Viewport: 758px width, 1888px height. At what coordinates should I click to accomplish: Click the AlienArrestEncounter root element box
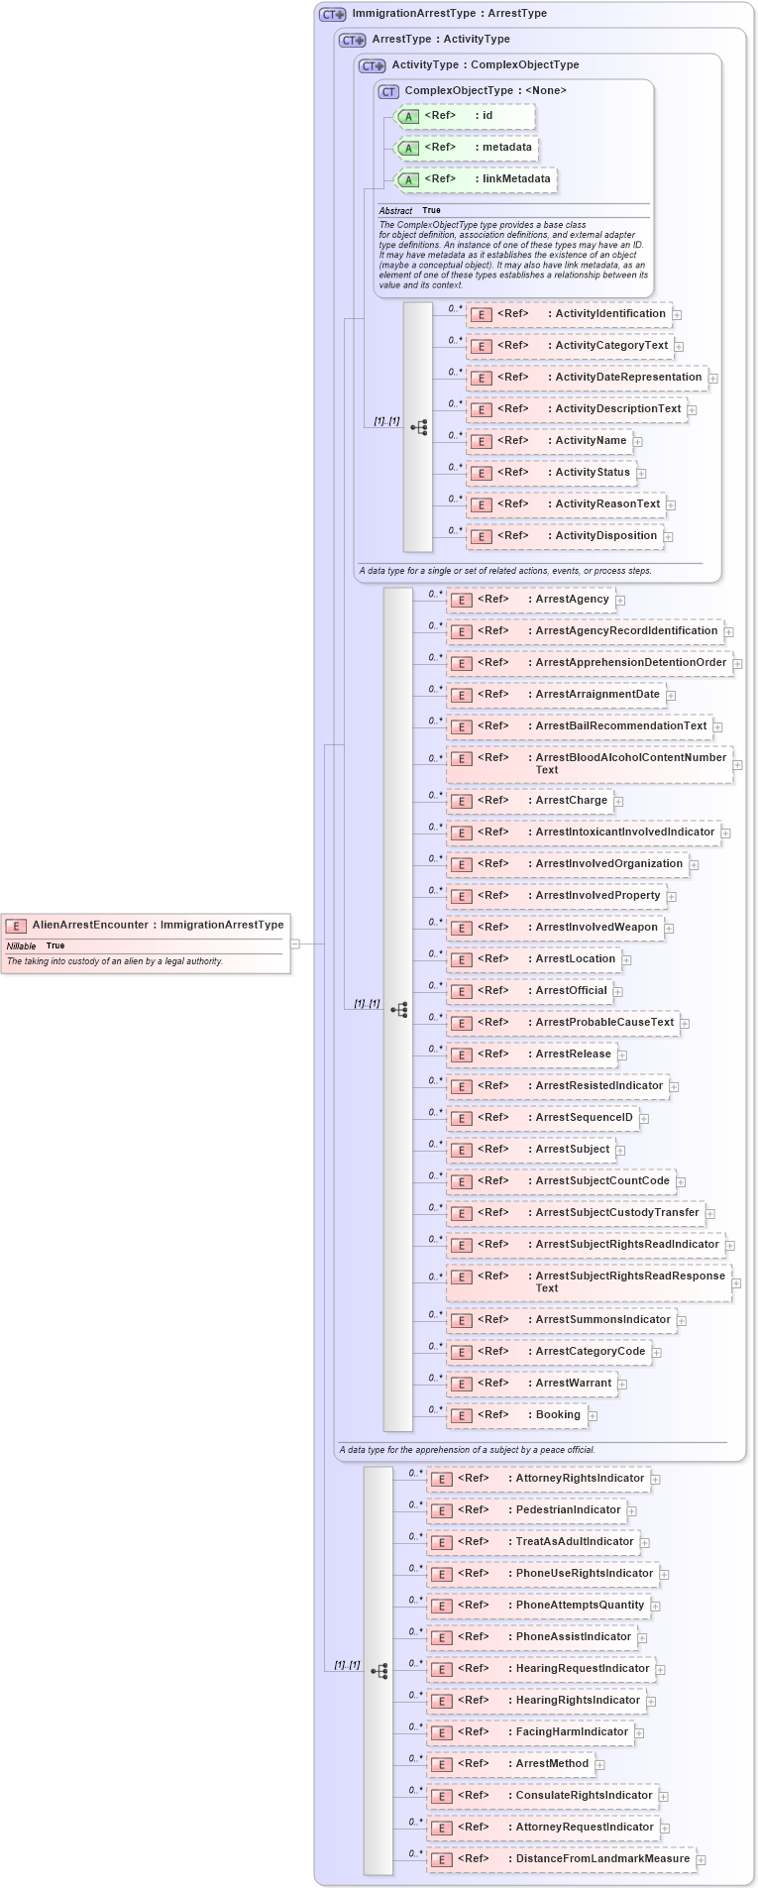coord(146,943)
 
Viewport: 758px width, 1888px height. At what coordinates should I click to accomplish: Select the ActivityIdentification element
coord(569,314)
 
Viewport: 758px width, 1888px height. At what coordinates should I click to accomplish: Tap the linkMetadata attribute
coord(477,179)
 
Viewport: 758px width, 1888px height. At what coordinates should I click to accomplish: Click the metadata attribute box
coord(467,148)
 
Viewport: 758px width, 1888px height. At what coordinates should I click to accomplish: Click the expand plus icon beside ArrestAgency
coord(620,600)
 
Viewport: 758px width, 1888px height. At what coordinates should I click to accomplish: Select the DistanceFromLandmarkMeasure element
coord(561,1859)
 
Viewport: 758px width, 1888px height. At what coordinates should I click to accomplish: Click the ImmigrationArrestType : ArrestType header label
coord(449,14)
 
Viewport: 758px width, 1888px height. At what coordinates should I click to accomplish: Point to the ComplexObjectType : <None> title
coord(486,91)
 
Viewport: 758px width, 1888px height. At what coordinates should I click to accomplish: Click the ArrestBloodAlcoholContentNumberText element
coord(589,764)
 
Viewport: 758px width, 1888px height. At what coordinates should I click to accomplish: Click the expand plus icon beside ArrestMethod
coord(600,1764)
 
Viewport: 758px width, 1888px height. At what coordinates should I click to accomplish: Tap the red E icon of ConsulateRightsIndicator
coord(442,1796)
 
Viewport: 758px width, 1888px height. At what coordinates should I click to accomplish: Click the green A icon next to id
coord(408,117)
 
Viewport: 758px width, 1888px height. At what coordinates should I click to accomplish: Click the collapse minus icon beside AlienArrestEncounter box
coord(294,944)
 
